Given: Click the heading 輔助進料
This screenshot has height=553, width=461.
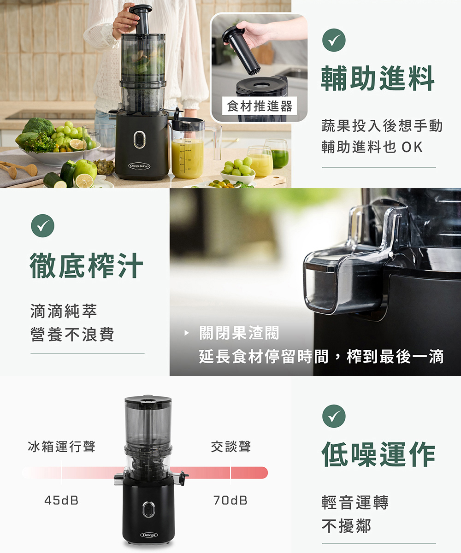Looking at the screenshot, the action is (378, 78).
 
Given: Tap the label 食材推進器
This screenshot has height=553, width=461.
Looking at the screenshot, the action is (260, 106).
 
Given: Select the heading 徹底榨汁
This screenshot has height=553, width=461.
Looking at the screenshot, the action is (86, 265).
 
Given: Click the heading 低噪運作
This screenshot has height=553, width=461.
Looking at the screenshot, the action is (378, 454).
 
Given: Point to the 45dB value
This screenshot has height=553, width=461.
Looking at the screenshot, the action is (61, 500).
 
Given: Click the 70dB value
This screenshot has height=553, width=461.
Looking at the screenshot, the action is (230, 500).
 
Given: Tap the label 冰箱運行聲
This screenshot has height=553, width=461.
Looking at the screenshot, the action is (61, 446).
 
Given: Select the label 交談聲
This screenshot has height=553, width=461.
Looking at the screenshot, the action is (231, 446).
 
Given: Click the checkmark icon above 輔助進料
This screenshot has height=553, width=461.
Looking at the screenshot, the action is (334, 40).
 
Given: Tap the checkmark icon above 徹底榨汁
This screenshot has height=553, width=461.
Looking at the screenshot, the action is (43, 226).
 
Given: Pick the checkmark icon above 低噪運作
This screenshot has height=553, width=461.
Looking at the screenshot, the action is (334, 416).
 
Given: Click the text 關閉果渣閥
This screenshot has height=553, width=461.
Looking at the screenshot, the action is (239, 333).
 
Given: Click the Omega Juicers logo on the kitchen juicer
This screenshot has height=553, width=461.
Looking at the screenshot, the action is (139, 166).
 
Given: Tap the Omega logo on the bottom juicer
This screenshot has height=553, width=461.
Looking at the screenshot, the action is (149, 535).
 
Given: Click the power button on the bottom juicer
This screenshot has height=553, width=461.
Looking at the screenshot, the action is (148, 509).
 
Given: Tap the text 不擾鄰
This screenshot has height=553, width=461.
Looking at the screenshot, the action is (347, 526).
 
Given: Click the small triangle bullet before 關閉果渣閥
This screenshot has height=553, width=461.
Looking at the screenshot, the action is (187, 333).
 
